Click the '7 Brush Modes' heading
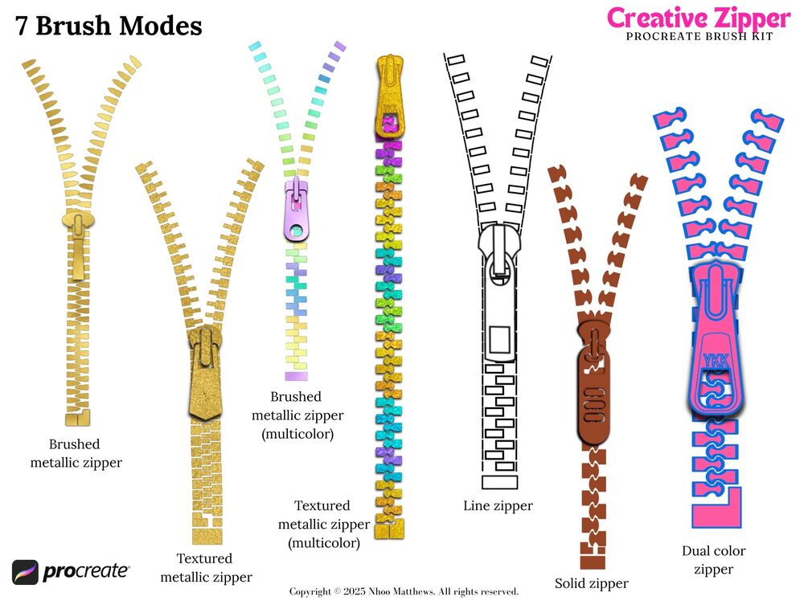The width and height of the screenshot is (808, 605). [x=109, y=26]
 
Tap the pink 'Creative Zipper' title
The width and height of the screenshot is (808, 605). [x=698, y=17]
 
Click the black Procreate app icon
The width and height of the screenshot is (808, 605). [x=25, y=572]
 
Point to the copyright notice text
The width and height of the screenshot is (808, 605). [x=404, y=591]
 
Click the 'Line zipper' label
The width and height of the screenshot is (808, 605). [x=498, y=505]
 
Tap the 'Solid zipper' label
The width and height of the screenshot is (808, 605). [x=592, y=583]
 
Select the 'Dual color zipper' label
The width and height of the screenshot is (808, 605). [x=713, y=560]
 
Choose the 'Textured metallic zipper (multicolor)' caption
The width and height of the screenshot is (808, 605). [x=323, y=524]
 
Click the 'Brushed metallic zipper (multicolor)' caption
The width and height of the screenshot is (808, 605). [x=297, y=415]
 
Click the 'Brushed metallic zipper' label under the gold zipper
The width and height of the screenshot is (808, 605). [x=76, y=453]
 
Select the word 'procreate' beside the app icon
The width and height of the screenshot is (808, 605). [x=86, y=572]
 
